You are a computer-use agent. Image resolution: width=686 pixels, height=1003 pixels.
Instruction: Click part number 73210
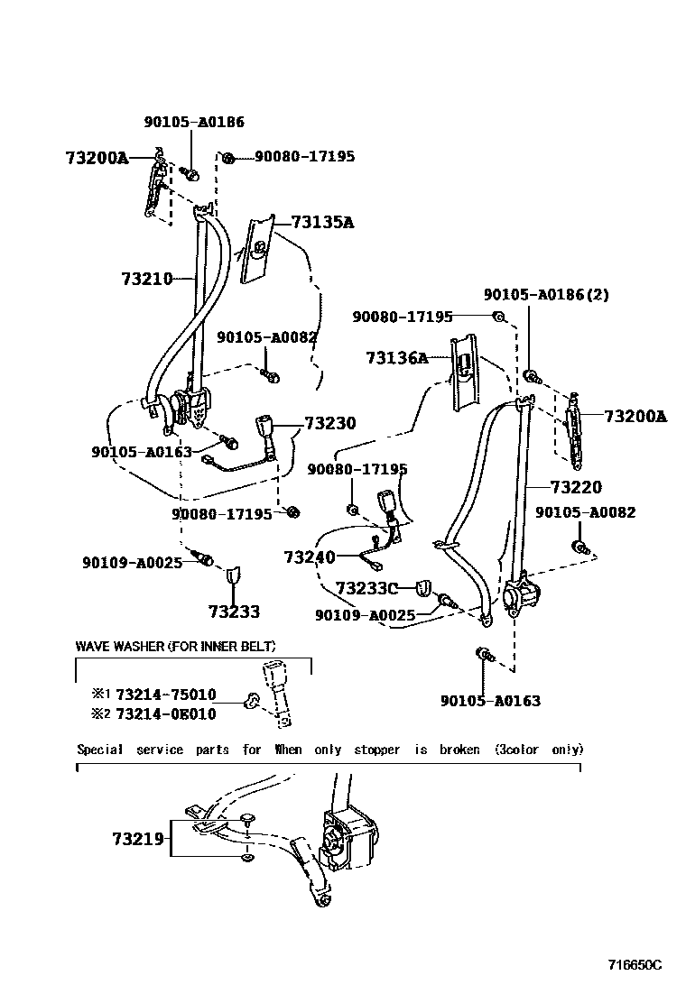146,280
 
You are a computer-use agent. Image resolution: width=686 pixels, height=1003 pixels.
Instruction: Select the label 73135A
321,223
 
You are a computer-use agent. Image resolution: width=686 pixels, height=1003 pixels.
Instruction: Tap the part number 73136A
396,358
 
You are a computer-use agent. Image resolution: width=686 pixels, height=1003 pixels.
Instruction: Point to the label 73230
329,423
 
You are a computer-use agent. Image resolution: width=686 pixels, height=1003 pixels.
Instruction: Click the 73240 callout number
309,557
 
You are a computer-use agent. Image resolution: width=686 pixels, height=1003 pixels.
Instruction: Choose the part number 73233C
366,589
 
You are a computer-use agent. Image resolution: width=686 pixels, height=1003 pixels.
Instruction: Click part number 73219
138,839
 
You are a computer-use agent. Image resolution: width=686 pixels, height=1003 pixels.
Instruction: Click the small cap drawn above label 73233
233,574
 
